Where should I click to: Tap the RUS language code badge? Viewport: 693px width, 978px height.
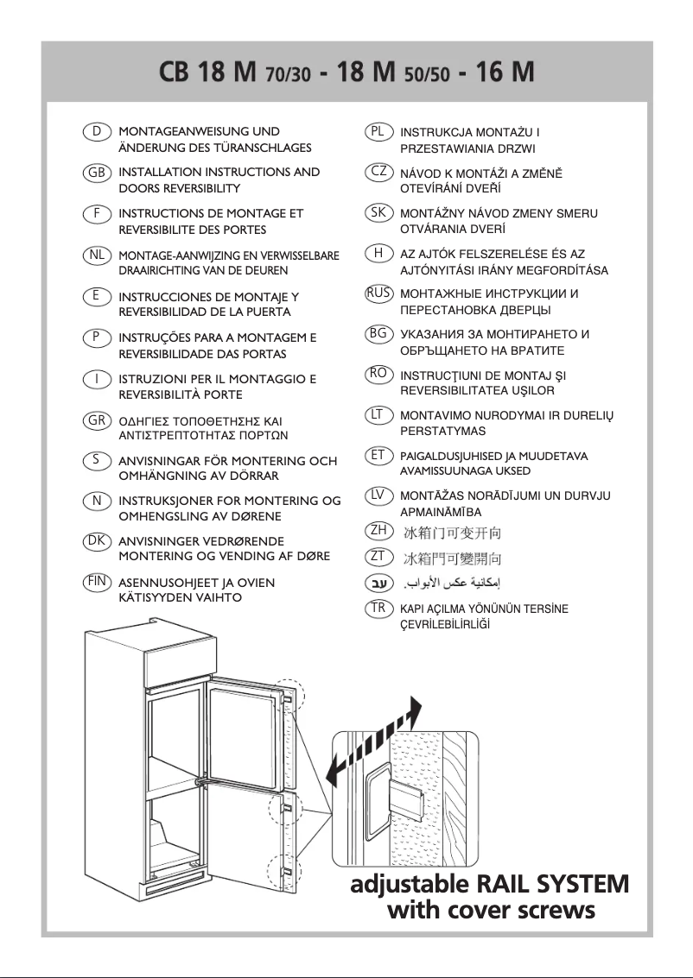[378, 293]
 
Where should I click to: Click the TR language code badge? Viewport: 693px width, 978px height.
[378, 609]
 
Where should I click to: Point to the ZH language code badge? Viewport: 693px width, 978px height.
[378, 530]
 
